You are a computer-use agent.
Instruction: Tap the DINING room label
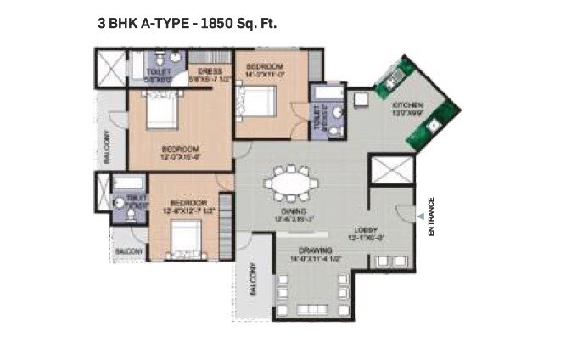[295, 211]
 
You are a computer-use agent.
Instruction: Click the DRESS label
[209, 71]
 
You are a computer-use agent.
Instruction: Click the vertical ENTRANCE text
[431, 217]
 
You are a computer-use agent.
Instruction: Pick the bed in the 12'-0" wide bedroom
[161, 111]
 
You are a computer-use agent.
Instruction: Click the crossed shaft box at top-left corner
[109, 66]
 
